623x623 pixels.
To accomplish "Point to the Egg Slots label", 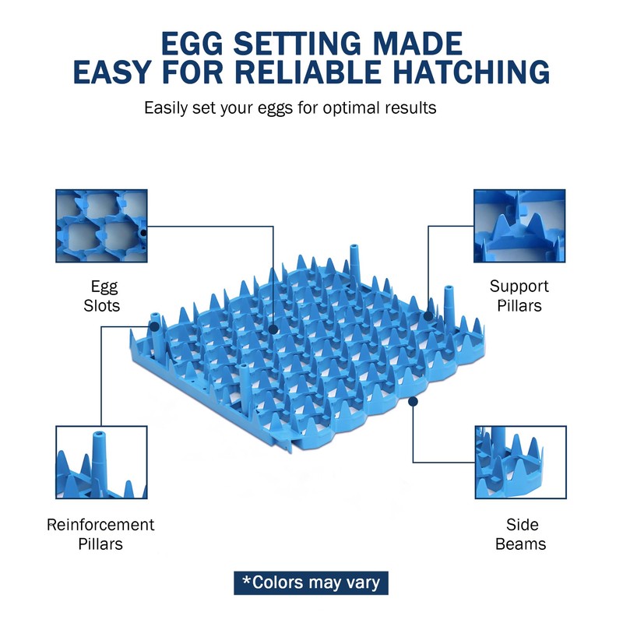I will pos(102,296).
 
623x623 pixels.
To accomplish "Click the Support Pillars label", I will pos(519,296).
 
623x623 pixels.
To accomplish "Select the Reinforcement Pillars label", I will pos(100,533).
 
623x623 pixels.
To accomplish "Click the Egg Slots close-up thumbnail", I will pos(101,225).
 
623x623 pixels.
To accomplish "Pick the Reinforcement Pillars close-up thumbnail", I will pos(101,462).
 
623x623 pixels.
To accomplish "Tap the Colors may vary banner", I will pos(311,583).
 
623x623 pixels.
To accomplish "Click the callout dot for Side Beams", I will pos(413,402).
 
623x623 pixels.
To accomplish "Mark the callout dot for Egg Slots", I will pos(273,329).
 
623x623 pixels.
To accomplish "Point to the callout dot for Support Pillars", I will pos(428,316).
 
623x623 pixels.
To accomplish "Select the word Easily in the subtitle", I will pos(167,107).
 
